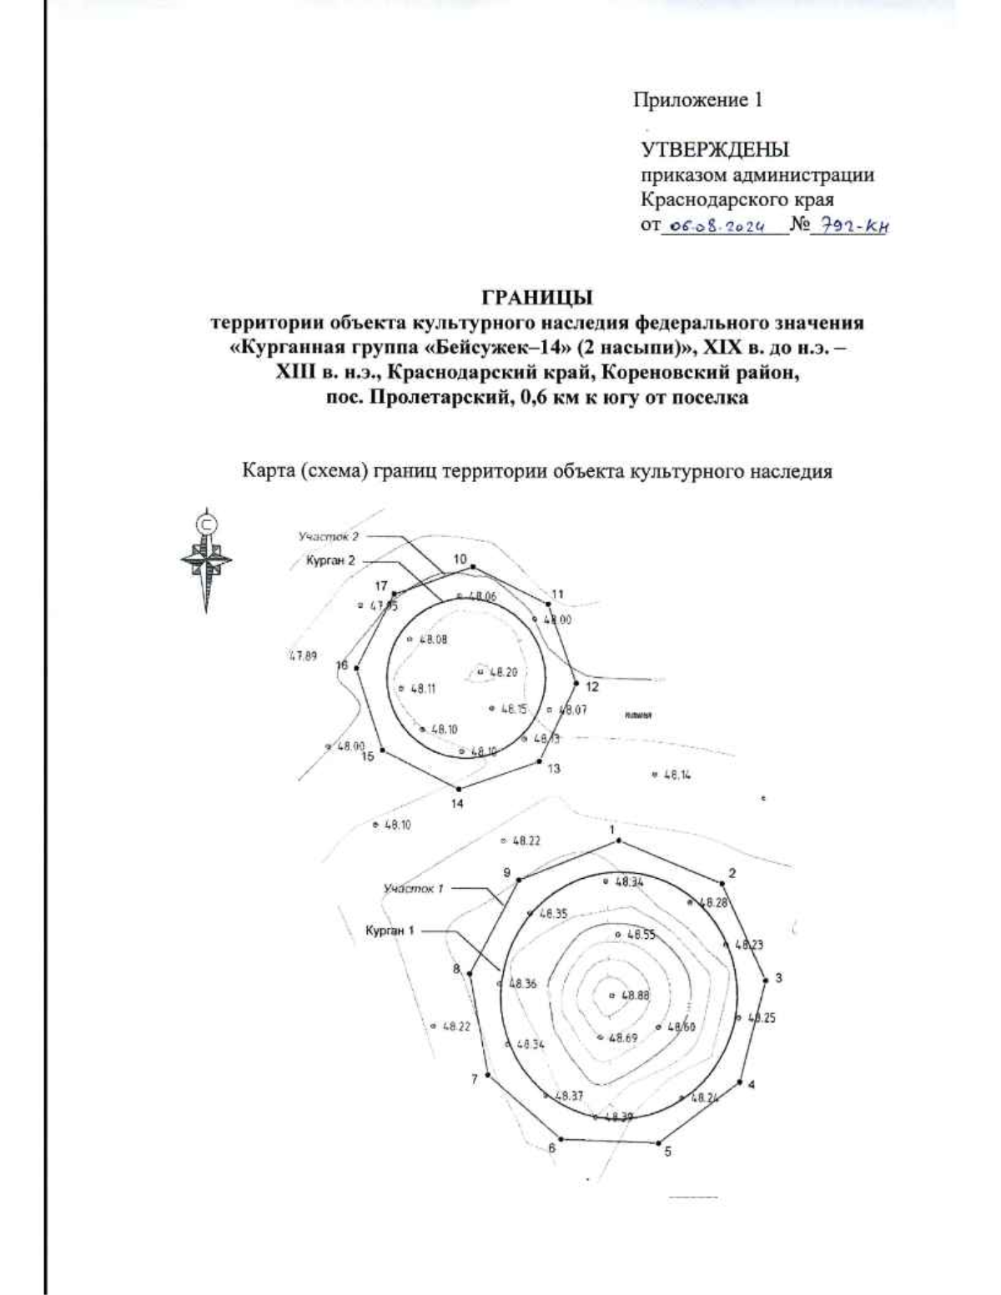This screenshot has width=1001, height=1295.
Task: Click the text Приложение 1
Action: (x=697, y=101)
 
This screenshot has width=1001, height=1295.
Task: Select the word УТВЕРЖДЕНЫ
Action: (x=714, y=150)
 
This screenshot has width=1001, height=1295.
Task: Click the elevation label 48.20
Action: (x=503, y=671)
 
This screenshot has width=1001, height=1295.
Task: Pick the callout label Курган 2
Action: (x=331, y=560)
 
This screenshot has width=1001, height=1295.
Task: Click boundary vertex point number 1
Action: (x=618, y=841)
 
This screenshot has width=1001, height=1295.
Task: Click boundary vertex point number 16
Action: (x=357, y=668)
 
